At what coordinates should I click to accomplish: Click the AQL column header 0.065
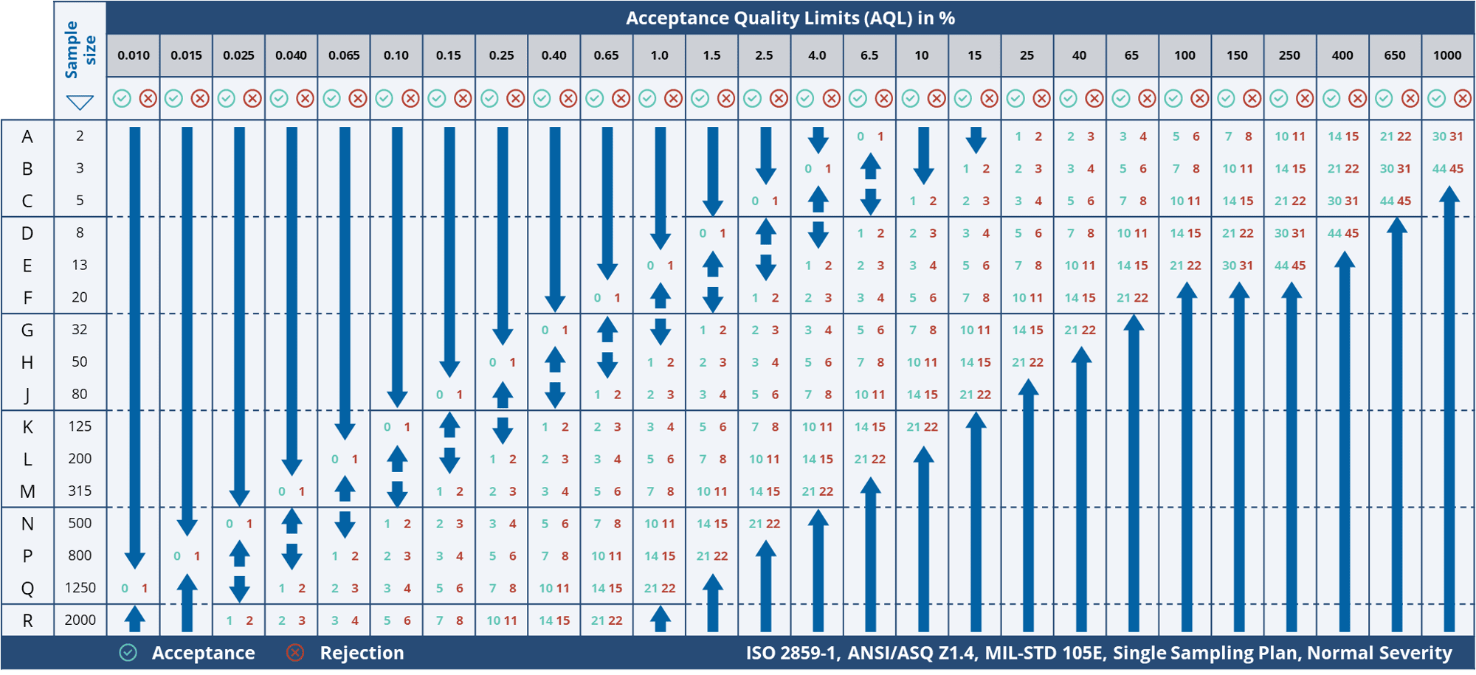point(344,55)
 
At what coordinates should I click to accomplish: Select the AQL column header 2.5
point(764,55)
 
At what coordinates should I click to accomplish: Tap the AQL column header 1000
point(1447,55)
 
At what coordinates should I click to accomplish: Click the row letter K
point(27,427)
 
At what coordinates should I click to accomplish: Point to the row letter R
point(27,620)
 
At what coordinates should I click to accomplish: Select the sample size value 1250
point(80,588)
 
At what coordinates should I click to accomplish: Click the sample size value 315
point(80,491)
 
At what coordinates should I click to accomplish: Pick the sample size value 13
point(80,265)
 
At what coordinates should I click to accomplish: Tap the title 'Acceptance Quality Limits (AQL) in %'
point(790,18)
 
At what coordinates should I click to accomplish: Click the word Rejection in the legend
point(362,653)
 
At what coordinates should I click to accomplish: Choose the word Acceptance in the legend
point(203,653)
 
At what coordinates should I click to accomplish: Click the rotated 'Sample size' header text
point(80,49)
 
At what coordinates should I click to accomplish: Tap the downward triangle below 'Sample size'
point(80,102)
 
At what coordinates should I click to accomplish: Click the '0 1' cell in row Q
point(134,589)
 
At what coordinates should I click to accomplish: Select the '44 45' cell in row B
point(1447,169)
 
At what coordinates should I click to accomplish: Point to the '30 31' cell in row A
point(1447,136)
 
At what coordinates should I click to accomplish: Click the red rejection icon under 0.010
point(148,98)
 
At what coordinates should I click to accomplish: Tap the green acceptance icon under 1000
point(1436,98)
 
